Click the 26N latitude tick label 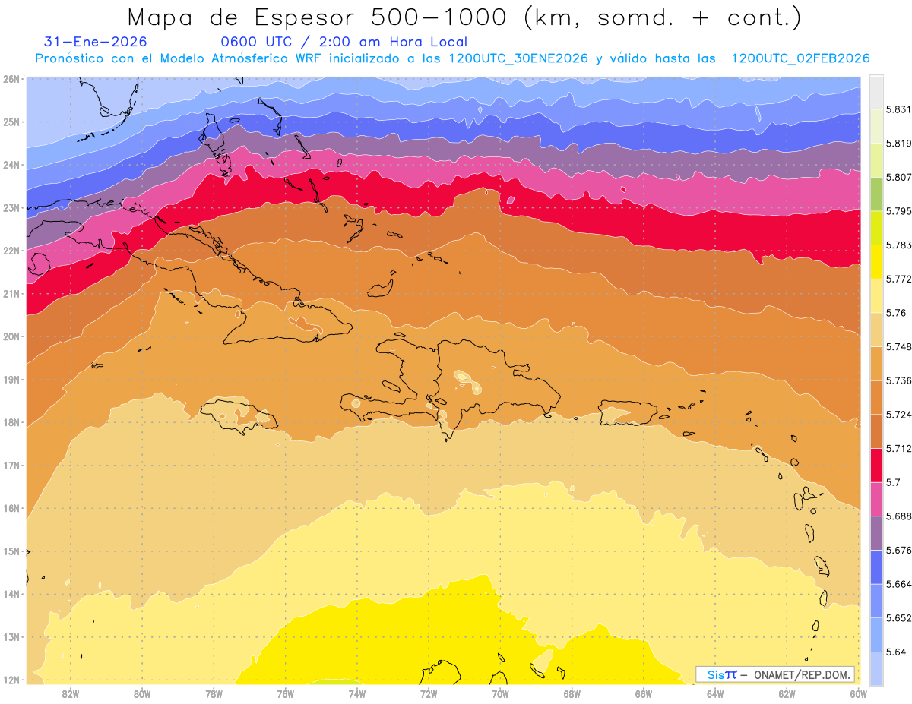11,78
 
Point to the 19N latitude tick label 11,379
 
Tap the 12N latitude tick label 11,680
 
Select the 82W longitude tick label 71,693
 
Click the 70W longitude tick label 500,693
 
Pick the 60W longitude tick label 858,693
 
